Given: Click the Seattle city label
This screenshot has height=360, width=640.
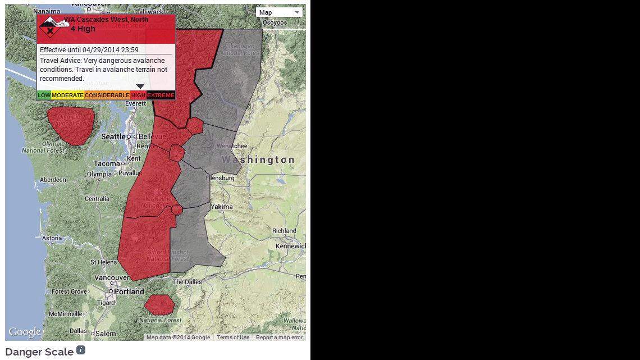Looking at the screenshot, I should pos(113,136).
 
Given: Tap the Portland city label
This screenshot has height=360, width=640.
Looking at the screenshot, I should pos(129,291).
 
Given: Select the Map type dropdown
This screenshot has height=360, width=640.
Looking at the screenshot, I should pos(280,12).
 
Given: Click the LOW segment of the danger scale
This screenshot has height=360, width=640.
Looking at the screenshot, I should pos(44,95).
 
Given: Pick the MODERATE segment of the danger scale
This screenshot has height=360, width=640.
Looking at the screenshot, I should pos(67,95).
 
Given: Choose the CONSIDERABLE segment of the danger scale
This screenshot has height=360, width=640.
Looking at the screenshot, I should pos(107,95).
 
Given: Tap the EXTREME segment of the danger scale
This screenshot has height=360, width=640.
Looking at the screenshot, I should pos(161,95).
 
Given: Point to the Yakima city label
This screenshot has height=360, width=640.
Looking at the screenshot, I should pos(222,207).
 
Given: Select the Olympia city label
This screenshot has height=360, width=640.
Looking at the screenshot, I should pos(99,174).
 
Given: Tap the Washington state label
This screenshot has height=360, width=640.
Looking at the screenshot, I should pos(258,160).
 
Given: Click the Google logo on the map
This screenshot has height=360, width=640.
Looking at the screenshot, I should pos(24,332).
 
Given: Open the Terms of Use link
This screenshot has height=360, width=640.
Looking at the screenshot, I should pos(233,338).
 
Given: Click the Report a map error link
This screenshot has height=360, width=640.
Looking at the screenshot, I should pos(279,338).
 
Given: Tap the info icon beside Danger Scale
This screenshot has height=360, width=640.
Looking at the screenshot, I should pos(81,350).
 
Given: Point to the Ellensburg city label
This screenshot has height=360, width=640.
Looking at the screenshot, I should pos(220,178).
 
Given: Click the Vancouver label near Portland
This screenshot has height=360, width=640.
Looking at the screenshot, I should pos(112,277).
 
